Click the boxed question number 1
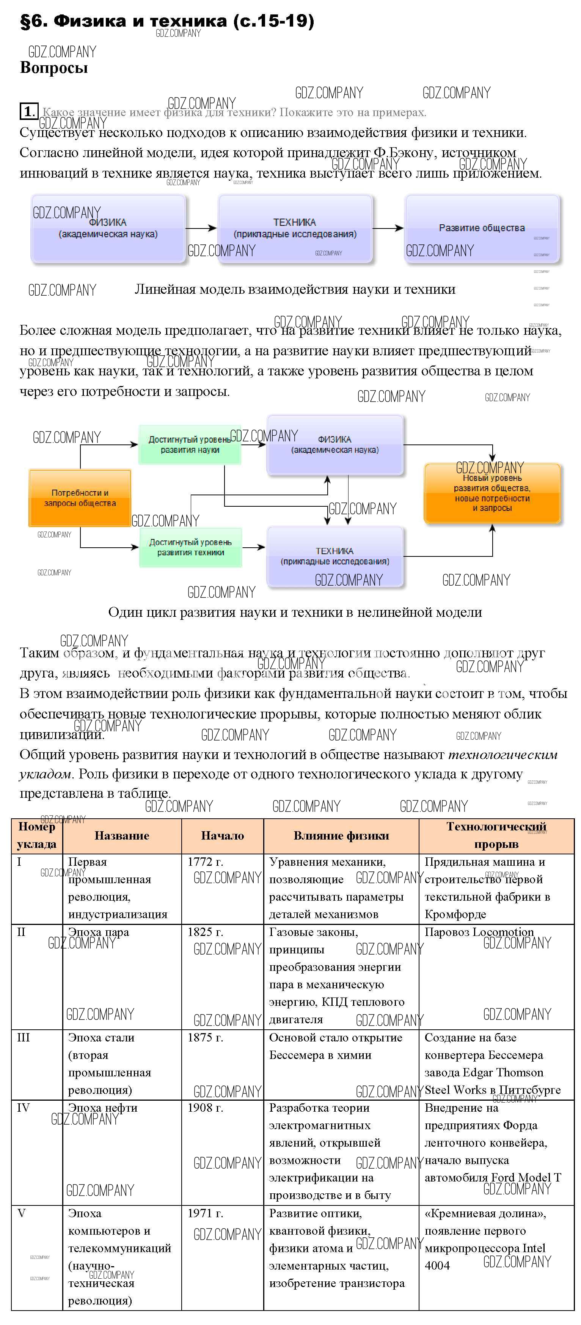[28, 111]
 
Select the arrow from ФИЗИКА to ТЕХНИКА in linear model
[201, 228]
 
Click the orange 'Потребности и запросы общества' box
[80, 498]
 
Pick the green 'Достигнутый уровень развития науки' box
[190, 445]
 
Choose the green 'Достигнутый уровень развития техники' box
[190, 547]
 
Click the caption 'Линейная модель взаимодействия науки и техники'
[295, 290]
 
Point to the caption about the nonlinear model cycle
[295, 612]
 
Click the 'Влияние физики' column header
[341, 836]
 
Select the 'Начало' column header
[222, 836]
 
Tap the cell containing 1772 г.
[205, 862]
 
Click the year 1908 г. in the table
[205, 1108]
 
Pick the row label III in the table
[23, 1037]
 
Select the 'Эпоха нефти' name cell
[102, 1108]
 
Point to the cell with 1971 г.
[205, 1213]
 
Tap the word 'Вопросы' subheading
[53, 68]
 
